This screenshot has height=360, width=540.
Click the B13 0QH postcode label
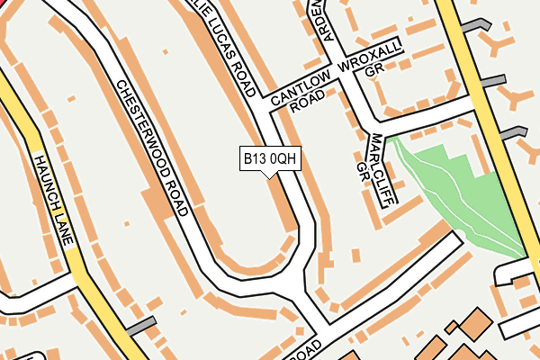[x=269, y=159]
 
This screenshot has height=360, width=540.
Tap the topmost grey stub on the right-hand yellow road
[x=469, y=26]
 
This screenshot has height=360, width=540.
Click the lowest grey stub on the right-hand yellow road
[x=514, y=132]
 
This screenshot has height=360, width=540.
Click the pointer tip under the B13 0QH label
[x=269, y=175]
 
